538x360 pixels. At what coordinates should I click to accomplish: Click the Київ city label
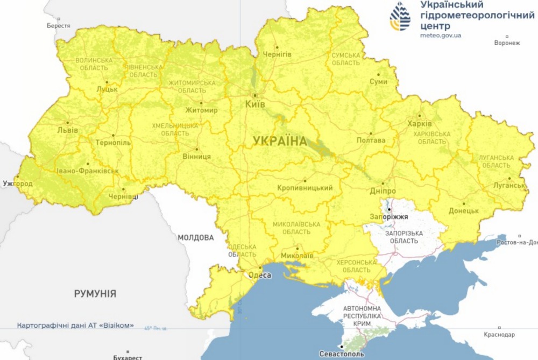[x=254, y=104]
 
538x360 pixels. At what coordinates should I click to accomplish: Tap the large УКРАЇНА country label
[x=280, y=142]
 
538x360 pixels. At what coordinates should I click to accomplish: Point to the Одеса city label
[x=259, y=275]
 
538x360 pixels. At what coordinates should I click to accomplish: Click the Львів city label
[x=67, y=130]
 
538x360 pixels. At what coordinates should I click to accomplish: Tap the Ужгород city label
[x=17, y=184]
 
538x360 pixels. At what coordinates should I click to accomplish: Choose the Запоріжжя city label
[x=389, y=217]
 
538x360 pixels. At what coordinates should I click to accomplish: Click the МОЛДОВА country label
[x=195, y=237]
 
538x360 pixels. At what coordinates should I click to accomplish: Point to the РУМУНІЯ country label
[x=95, y=294]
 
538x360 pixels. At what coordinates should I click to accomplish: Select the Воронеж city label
[x=507, y=43]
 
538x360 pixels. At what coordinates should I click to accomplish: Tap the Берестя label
[x=58, y=25]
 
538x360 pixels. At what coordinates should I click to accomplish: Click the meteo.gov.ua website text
[x=441, y=36]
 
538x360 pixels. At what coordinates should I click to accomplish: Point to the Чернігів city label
[x=277, y=54]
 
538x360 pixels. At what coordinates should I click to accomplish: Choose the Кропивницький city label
[x=305, y=188]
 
